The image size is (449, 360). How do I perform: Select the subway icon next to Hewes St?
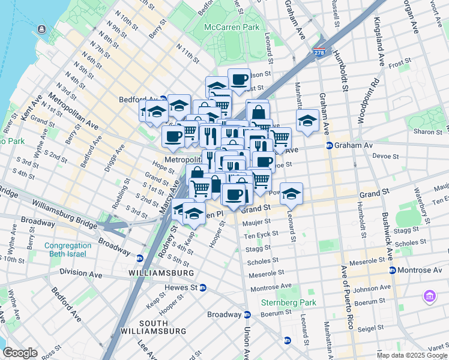(203, 287)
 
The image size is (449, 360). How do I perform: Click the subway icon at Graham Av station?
(329, 145)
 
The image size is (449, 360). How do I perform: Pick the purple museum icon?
(429, 296)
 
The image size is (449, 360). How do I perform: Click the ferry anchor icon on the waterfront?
(41, 29)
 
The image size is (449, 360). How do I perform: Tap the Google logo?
(20, 353)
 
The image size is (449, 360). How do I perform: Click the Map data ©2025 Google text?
(412, 355)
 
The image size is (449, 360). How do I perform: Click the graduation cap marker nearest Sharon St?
(307, 121)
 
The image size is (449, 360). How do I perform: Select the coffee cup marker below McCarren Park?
(239, 80)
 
